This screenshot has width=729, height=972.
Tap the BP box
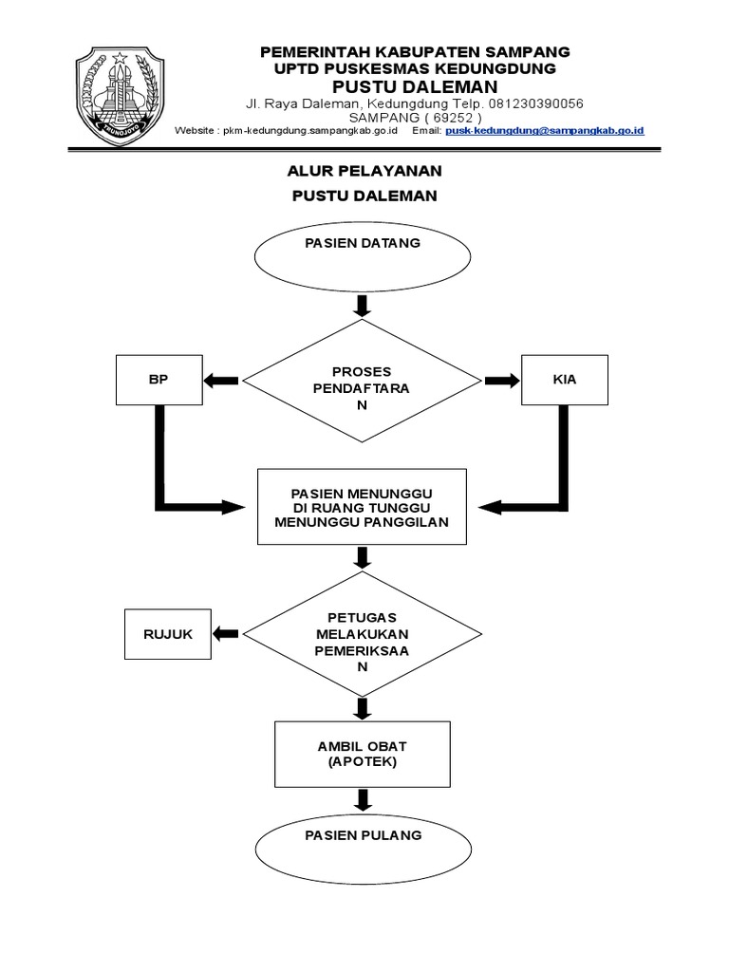coord(158,380)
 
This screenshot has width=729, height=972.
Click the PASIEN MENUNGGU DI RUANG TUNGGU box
coord(362,507)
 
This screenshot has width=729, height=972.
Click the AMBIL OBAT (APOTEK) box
coord(362,754)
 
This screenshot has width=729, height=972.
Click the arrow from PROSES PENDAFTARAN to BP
coord(220,381)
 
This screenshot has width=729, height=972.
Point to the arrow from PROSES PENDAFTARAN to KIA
coord(502,381)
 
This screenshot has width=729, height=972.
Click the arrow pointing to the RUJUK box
coord(226,634)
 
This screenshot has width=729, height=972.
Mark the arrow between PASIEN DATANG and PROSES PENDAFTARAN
coord(362,306)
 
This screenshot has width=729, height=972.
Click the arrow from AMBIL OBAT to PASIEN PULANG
coord(362,799)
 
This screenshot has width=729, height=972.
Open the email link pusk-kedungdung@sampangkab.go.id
coord(545,130)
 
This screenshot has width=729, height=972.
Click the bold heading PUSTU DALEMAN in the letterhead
coord(416,86)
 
